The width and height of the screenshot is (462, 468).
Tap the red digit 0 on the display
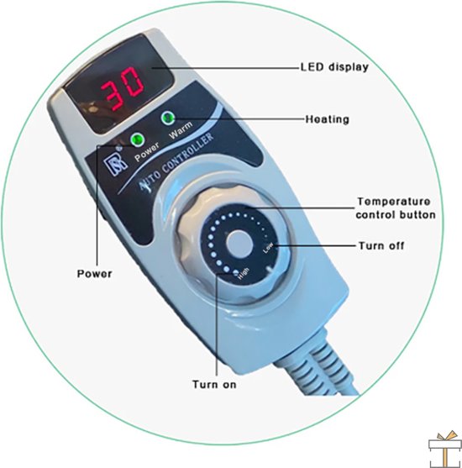pyautogui.click(x=132, y=82)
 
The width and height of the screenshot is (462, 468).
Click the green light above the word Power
pyautogui.click(x=137, y=139)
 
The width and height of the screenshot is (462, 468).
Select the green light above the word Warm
pyautogui.click(x=168, y=118)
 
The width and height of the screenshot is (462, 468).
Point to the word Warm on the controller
pyautogui.click(x=181, y=130)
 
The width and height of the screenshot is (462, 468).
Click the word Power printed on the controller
pyautogui.click(x=147, y=151)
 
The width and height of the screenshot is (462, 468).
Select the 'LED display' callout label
pyautogui.click(x=334, y=67)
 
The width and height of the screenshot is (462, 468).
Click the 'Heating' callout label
pyautogui.click(x=327, y=119)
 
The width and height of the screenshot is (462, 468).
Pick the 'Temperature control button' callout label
pyautogui.click(x=396, y=208)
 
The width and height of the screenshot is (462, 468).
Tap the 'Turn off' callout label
pyautogui.click(x=381, y=246)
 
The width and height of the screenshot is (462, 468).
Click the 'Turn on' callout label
pyautogui.click(x=214, y=385)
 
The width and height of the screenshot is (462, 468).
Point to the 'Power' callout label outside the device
pyautogui.click(x=95, y=274)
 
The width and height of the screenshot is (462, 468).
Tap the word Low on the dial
pyautogui.click(x=268, y=247)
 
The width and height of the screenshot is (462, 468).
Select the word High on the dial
pyautogui.click(x=243, y=273)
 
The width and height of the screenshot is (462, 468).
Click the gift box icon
pyautogui.click(x=444, y=450)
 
